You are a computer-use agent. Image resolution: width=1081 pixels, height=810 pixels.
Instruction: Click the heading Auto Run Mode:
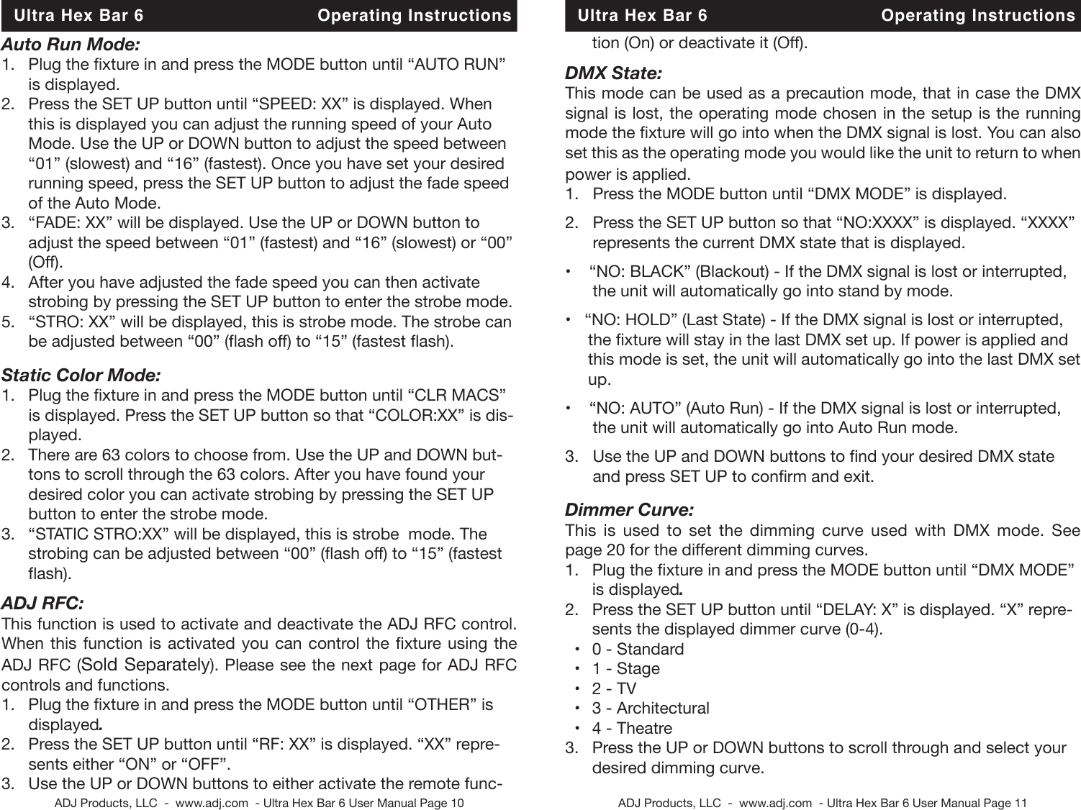[x=71, y=45]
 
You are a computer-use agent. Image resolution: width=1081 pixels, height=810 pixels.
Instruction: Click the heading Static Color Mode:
[x=81, y=375]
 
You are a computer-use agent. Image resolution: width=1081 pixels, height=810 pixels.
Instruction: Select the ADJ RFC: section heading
[x=43, y=601]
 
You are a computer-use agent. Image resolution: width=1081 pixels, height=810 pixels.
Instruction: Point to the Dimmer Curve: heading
[x=630, y=511]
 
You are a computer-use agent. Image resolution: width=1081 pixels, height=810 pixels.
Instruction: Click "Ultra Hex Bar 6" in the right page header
[x=643, y=16]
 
